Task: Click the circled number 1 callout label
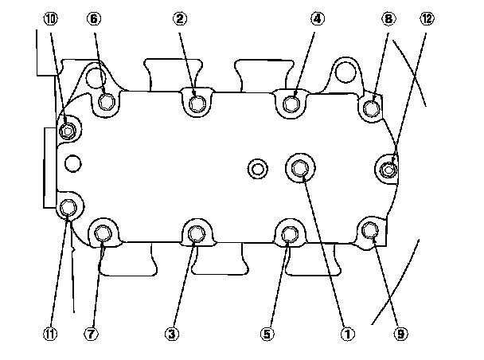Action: [x=346, y=335]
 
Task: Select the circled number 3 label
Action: [x=170, y=335]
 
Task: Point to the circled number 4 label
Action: [x=318, y=18]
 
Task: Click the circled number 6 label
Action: [x=95, y=18]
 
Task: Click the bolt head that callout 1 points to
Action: [x=300, y=167]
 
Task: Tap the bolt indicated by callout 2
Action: [x=197, y=102]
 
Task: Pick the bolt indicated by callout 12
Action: [x=388, y=168]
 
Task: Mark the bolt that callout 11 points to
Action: [x=68, y=208]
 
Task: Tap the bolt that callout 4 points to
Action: [x=291, y=102]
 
